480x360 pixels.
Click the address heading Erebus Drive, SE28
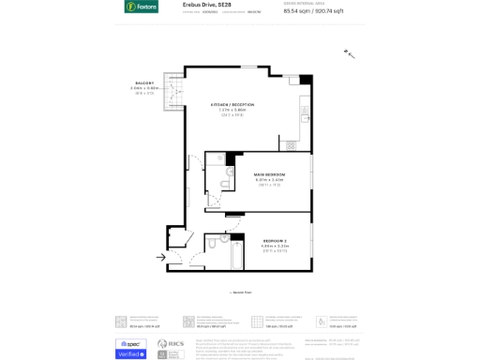tap(201, 5)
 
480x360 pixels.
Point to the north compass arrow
tap(351, 54)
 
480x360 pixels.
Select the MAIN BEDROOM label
tap(269, 174)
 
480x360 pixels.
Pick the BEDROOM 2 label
tap(275, 241)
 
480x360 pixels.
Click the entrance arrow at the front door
tap(162, 256)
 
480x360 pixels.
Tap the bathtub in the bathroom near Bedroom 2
tap(235, 254)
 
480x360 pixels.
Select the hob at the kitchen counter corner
tap(292, 145)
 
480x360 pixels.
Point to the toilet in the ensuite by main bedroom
tap(227, 180)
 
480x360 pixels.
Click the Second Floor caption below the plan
tap(241, 292)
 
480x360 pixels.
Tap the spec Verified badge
tap(130, 349)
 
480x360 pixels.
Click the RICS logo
tap(163, 344)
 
